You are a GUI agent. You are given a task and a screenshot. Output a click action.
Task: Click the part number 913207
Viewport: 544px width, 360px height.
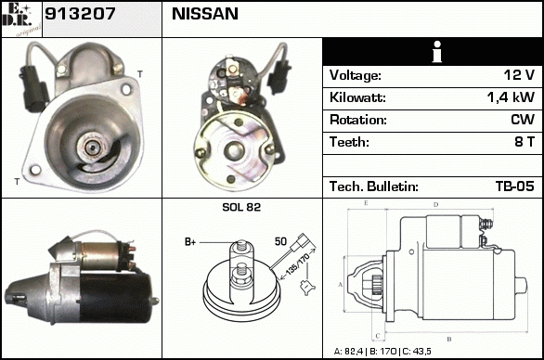coord(80,14)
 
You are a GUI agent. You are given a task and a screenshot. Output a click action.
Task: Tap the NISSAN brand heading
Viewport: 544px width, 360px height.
coord(205,14)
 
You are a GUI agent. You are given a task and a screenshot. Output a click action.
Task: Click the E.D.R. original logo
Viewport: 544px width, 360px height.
coord(21,19)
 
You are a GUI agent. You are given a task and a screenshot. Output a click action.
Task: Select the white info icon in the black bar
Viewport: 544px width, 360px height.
coord(437,52)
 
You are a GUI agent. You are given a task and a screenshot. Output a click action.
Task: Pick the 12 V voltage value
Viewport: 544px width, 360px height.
coord(519,75)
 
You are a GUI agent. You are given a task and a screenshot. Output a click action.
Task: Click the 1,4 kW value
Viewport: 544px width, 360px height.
coord(511,97)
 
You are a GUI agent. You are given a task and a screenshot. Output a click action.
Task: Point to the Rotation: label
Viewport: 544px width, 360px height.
coord(358,120)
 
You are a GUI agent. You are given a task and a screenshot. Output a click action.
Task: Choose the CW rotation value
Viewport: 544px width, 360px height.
coord(523,120)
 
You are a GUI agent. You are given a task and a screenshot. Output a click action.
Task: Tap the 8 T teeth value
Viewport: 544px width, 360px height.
coord(525,142)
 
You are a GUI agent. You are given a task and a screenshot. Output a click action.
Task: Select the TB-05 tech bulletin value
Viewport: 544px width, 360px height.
coord(515,186)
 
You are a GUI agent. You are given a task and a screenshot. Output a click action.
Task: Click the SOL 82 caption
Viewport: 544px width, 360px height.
coord(241,207)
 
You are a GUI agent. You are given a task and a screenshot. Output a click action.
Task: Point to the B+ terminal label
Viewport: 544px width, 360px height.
coord(190,242)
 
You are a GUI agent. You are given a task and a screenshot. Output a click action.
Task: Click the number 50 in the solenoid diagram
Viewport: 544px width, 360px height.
coord(280,241)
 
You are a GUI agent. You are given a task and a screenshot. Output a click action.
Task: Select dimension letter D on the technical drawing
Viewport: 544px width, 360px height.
coord(436,205)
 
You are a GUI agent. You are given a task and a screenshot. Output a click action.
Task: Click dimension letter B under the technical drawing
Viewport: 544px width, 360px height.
coord(449,340)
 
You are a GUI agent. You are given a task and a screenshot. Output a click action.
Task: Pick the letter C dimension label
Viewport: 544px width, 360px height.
coord(378,336)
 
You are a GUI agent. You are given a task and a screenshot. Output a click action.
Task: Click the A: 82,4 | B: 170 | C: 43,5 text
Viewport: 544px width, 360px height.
coord(382,352)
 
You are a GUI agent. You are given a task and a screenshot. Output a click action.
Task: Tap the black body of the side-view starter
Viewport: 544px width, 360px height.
coord(114,297)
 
